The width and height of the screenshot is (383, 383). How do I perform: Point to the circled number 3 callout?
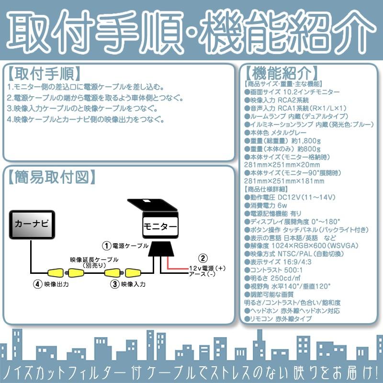[115, 284]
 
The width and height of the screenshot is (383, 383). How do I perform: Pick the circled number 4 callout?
[37, 284]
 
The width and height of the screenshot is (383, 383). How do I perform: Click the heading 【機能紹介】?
[281, 74]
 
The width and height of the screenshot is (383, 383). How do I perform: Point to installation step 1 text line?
[86, 88]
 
